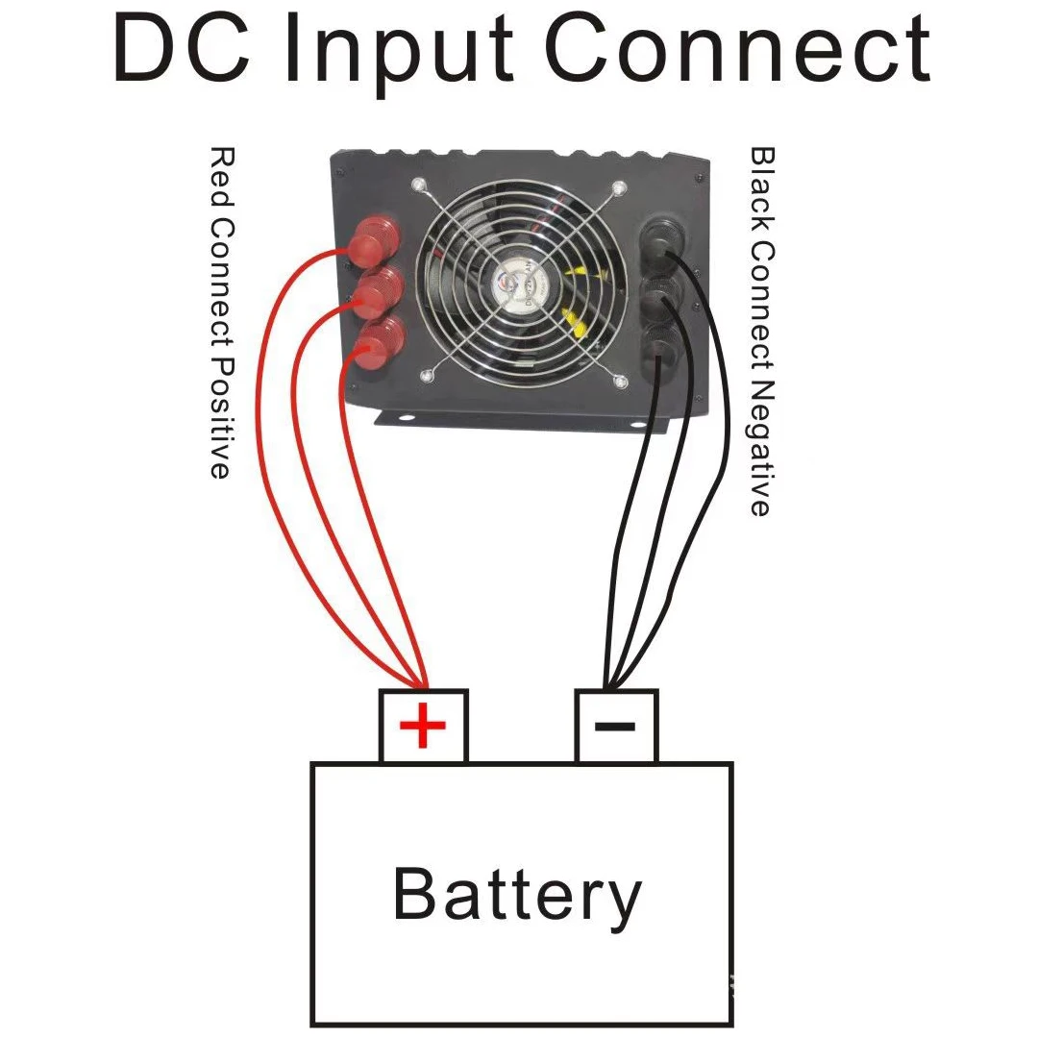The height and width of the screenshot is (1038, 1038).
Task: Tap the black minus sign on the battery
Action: tap(615, 725)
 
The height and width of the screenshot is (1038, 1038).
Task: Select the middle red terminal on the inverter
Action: tap(377, 293)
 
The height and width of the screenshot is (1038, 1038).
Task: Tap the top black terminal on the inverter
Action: tap(662, 240)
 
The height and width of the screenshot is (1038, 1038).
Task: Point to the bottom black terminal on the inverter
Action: tap(659, 346)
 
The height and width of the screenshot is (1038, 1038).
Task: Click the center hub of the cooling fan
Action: tap(520, 283)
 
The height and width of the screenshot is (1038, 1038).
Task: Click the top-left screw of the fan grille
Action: tap(418, 185)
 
